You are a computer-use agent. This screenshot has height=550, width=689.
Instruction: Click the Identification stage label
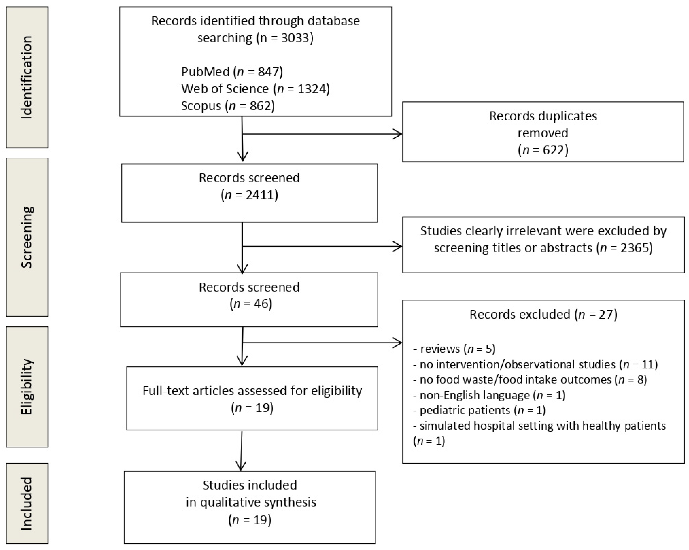point(27,77)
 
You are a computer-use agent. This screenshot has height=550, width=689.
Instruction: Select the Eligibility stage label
point(27,387)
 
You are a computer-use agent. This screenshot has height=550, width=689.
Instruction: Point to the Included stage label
point(27,504)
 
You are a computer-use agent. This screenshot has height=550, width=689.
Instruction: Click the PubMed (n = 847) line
point(232,72)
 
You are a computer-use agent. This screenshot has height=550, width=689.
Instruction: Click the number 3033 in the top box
point(295,38)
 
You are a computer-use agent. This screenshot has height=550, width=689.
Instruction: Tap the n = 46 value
point(251,303)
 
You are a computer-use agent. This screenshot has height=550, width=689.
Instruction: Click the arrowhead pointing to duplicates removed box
point(398,134)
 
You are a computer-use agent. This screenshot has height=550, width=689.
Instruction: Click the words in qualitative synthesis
point(251,502)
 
